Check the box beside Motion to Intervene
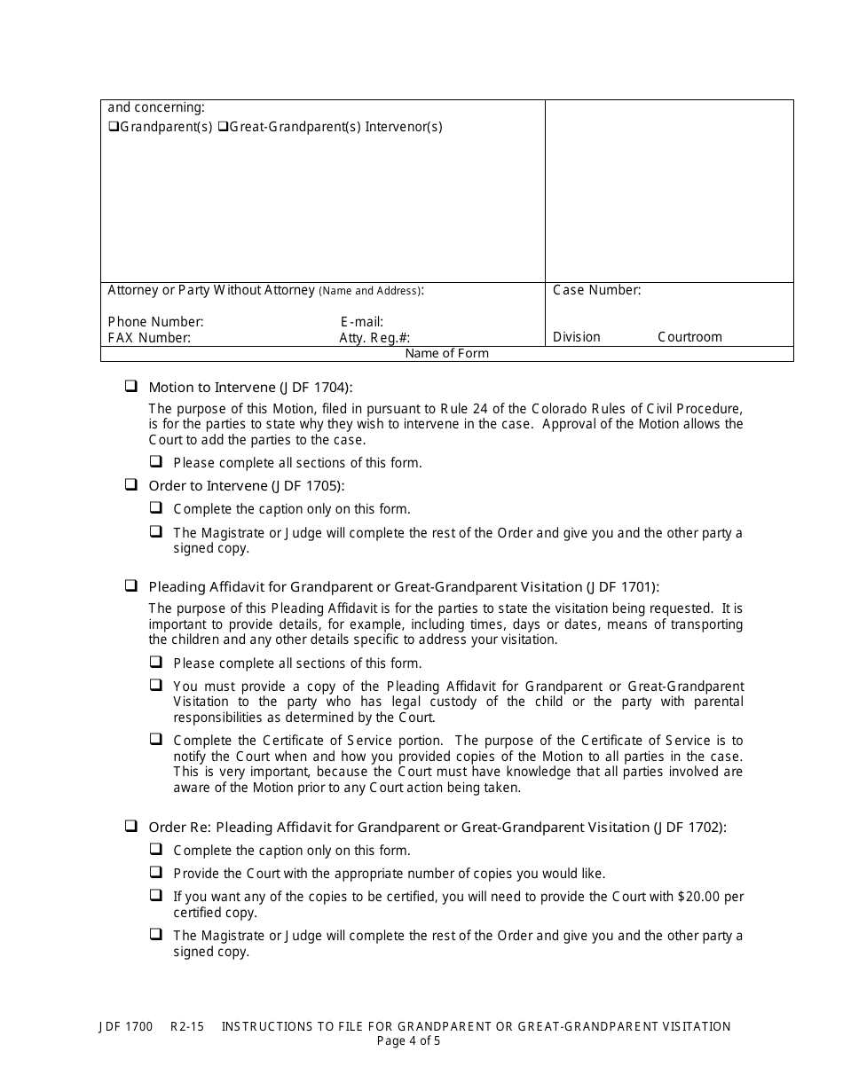130,386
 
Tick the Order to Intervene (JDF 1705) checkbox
130,484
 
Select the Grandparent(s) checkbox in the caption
114,127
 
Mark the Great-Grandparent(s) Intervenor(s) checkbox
223,127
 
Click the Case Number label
596,290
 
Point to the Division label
576,337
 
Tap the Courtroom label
689,337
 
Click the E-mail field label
361,322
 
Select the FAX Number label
149,338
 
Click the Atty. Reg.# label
374,338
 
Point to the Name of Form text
446,353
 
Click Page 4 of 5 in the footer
408,1041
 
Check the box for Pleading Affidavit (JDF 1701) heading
130,585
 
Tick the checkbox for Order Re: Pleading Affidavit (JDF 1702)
130,826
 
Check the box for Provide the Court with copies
156,872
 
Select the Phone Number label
155,322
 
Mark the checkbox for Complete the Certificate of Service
156,739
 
